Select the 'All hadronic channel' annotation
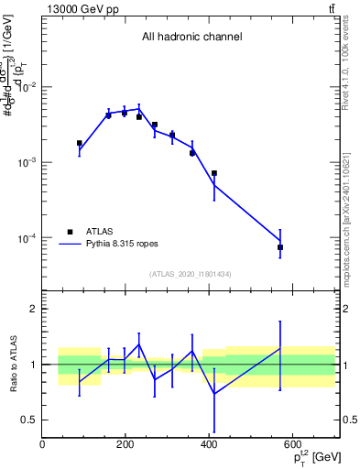pyautogui.click(x=191, y=38)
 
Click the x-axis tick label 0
pyautogui.click(x=43, y=445)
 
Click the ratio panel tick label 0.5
pyautogui.click(x=28, y=420)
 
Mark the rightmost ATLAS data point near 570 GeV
pyautogui.click(x=280, y=247)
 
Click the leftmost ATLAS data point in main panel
pyautogui.click(x=80, y=143)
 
